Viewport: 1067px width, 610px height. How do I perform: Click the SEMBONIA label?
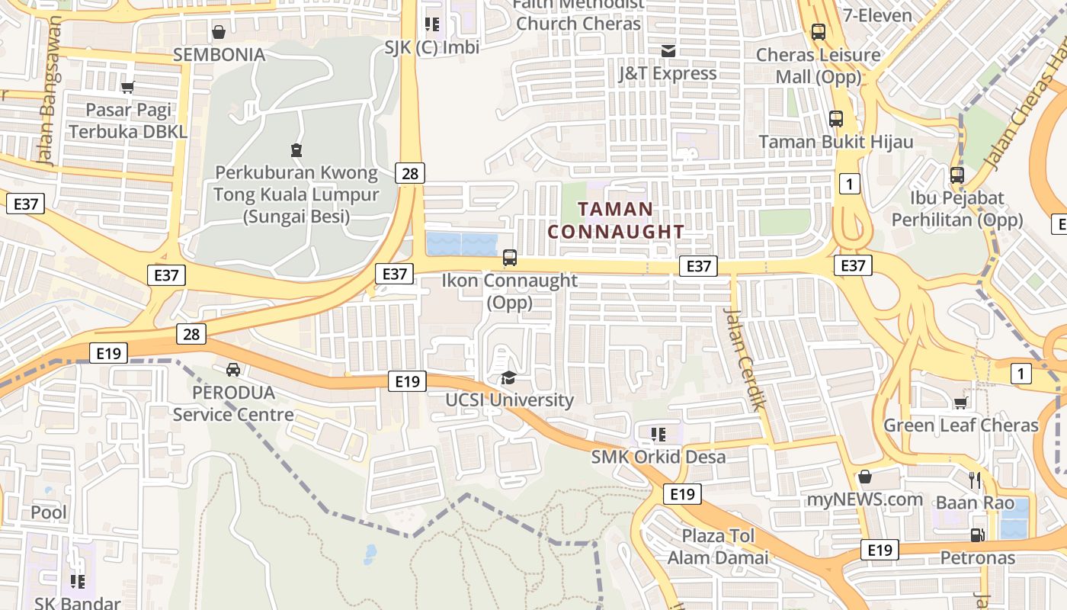click(219, 55)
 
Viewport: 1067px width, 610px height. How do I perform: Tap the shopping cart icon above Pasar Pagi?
click(128, 88)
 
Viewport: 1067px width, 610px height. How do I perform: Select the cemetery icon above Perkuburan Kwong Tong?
click(296, 149)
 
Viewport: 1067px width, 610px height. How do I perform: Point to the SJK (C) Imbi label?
click(431, 47)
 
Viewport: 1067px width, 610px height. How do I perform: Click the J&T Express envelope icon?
click(668, 51)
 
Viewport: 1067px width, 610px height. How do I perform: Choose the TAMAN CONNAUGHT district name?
click(616, 220)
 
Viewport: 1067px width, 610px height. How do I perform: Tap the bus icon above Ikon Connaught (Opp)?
click(510, 258)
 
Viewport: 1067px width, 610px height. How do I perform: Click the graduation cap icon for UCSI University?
click(508, 377)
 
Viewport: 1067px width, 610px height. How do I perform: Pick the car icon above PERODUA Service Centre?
click(233, 370)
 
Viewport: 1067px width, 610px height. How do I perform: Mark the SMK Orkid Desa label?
click(658, 457)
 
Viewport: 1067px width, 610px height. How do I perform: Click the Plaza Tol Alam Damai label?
click(718, 547)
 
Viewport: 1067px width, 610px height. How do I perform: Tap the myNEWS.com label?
click(865, 500)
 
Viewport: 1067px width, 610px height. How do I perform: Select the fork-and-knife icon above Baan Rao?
click(975, 480)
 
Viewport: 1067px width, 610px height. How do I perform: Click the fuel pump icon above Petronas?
click(977, 535)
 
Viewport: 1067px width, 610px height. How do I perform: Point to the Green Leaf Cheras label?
click(960, 425)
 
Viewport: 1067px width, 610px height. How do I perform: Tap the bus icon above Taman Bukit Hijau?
click(836, 119)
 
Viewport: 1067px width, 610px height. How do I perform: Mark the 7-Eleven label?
click(877, 15)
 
